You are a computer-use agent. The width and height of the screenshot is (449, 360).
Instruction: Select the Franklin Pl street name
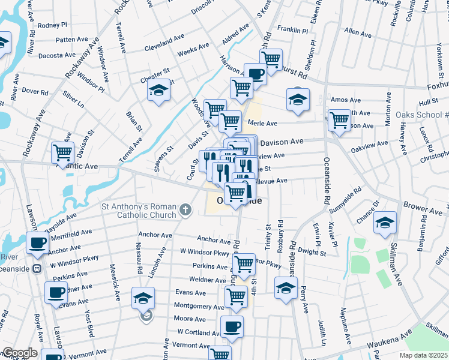293,29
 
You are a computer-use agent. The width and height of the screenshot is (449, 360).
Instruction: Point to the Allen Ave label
358,31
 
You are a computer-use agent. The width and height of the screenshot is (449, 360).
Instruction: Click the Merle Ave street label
262,123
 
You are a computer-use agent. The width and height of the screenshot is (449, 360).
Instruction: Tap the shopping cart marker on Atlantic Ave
62,152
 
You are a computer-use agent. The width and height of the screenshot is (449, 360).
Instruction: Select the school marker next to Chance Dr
385,223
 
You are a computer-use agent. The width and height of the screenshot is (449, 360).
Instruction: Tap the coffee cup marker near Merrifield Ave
37,242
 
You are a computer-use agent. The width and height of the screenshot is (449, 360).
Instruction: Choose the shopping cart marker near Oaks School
339,119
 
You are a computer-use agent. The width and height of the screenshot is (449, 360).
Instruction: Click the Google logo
19,353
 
